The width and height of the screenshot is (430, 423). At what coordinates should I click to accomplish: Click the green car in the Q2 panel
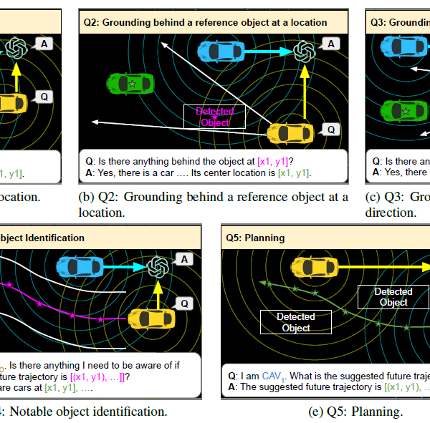pos(130,83)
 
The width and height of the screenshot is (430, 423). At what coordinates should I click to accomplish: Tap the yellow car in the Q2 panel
pos(290,132)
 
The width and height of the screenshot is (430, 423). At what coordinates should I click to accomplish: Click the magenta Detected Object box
pos(214,117)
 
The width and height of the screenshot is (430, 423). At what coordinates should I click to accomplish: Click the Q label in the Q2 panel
pos(330,130)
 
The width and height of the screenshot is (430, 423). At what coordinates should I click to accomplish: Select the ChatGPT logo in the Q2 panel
pos(304,50)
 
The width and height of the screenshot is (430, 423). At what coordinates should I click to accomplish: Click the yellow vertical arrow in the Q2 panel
pos(304,93)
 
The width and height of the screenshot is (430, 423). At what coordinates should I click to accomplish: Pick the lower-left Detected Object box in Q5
pos(295,322)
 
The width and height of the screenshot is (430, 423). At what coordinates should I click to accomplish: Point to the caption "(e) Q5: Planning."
pos(355,412)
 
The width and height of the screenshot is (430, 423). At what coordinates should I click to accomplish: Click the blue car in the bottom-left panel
pos(80,266)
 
